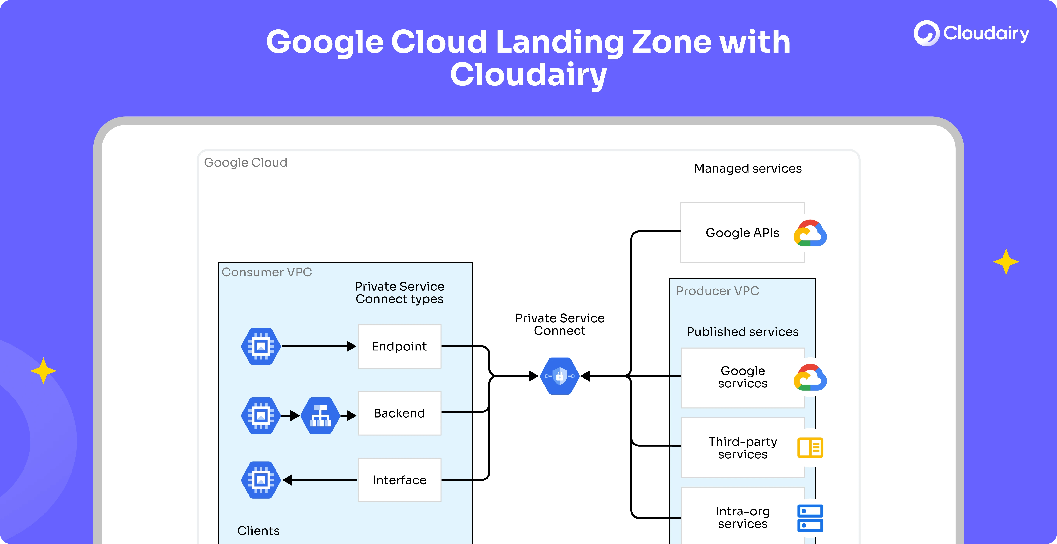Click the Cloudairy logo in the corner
971,33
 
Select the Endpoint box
399,346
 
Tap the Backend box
399,413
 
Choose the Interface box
399,480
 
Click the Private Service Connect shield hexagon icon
560,376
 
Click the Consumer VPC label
267,272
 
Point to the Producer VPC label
717,291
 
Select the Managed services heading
748,169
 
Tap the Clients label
258,531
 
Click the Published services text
743,331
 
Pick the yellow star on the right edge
1006,261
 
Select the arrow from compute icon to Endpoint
318,346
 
